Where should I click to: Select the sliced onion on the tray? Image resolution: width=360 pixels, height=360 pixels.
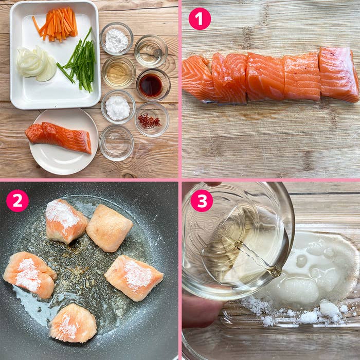pos(37,64)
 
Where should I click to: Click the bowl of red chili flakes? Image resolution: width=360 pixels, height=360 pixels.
pos(152,119)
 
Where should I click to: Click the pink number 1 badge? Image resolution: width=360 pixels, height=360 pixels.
pos(200,19)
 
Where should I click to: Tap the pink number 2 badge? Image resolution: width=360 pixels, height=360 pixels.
pos(17,201)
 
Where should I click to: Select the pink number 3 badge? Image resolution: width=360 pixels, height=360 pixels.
pos(202,201)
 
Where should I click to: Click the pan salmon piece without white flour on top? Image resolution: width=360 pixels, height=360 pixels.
pos(109,228)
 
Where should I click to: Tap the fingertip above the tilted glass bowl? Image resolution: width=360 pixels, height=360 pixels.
pos(212,184)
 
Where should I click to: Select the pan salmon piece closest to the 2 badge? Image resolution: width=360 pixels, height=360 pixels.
pos(66,221)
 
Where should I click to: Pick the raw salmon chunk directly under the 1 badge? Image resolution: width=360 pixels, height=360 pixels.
pos(198,78)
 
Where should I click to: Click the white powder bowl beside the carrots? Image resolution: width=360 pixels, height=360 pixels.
pos(117,39)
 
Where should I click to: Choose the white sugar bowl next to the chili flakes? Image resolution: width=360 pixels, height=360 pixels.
pos(118,107)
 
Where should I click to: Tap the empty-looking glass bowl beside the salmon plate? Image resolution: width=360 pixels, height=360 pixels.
pos(116,142)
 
